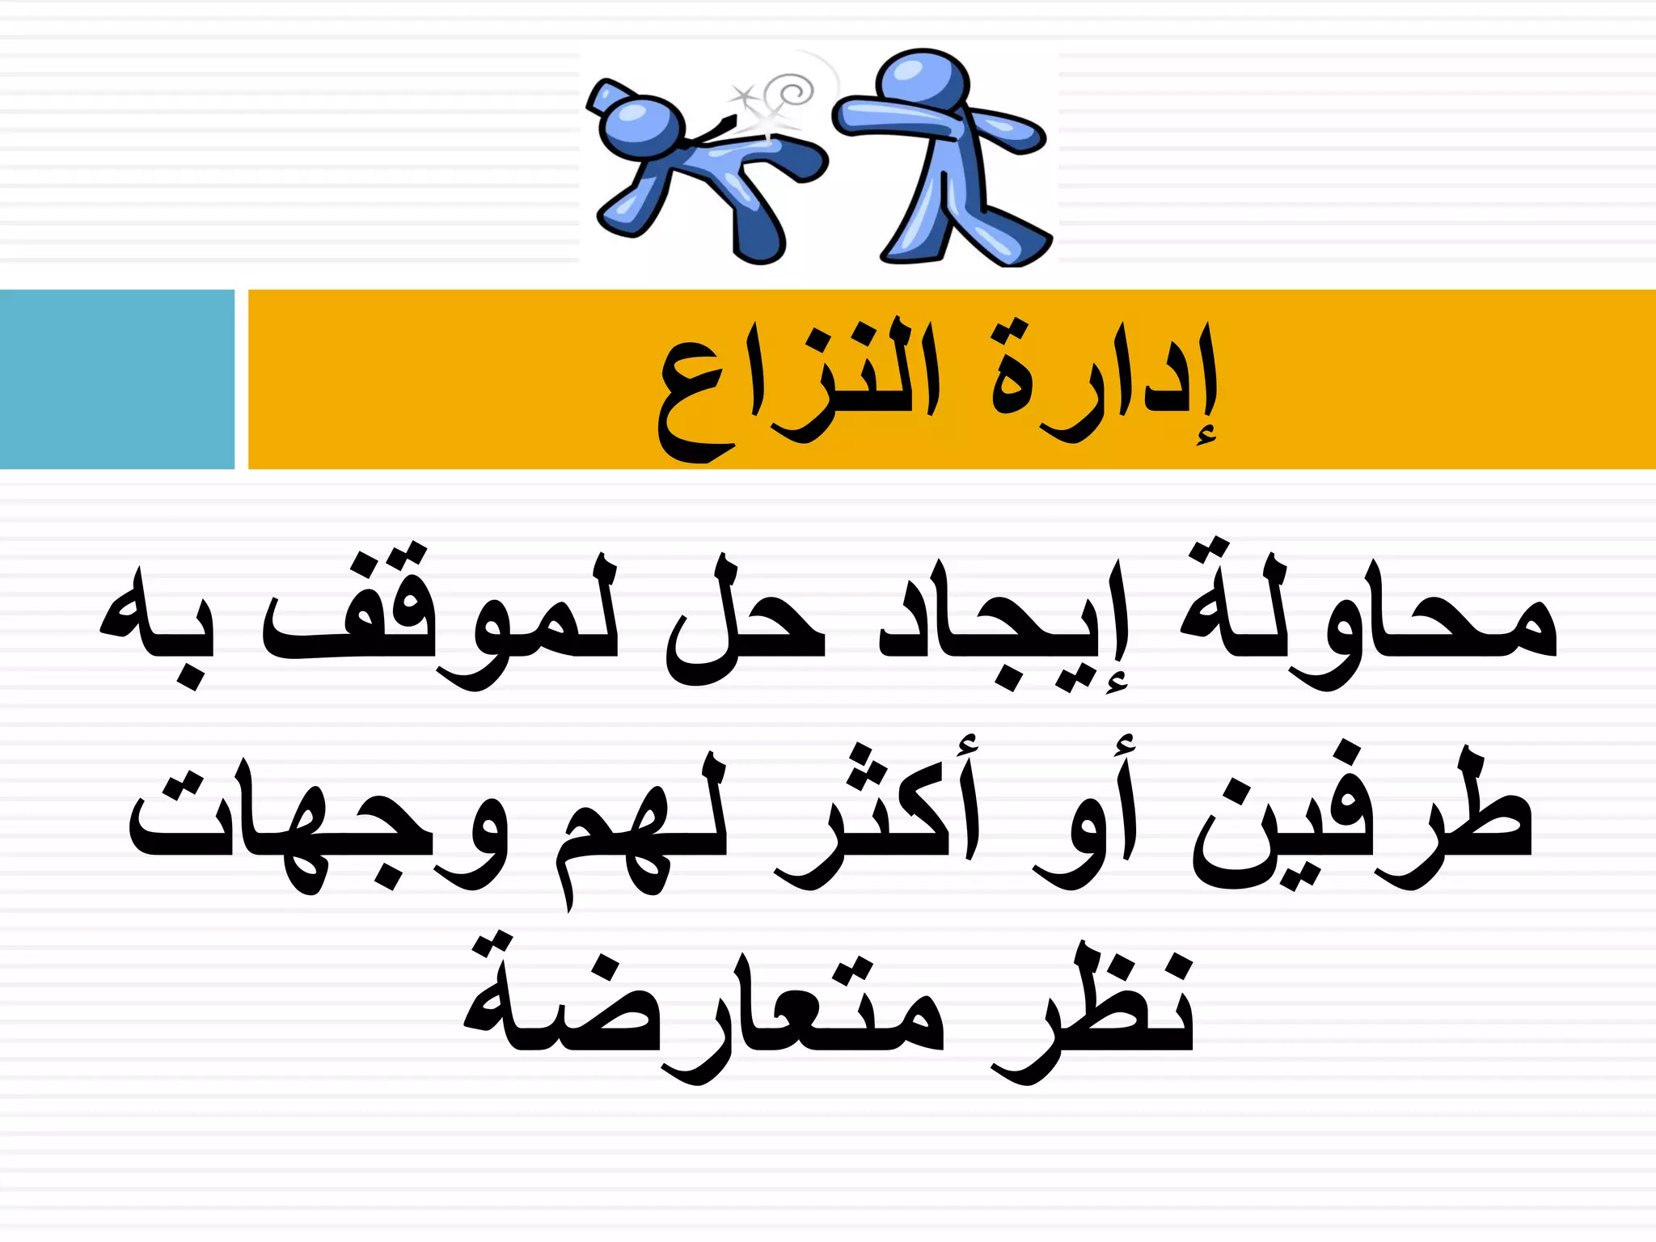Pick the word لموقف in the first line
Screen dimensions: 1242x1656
(x=441, y=623)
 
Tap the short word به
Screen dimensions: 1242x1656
(x=154, y=627)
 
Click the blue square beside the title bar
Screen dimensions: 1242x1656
(x=116, y=379)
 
